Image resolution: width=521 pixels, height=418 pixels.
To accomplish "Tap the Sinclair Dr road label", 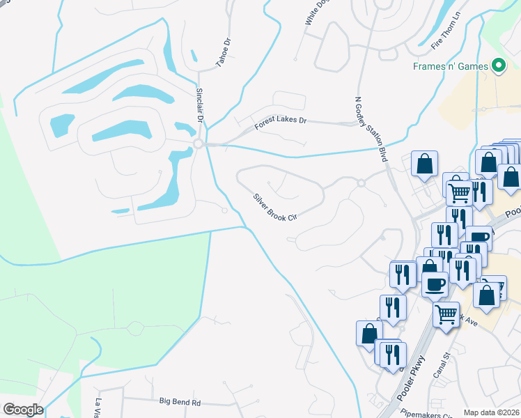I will click(199, 105).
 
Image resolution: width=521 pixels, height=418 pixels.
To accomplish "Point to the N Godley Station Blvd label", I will click(371, 130).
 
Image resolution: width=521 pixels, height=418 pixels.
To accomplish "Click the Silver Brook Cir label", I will click(275, 206).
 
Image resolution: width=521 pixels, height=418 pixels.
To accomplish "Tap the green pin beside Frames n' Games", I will click(499, 66).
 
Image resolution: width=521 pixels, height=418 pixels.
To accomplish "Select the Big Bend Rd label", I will click(180, 402).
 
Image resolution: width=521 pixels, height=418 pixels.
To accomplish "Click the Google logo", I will click(23, 410).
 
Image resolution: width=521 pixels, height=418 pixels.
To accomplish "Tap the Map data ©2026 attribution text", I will click(492, 412).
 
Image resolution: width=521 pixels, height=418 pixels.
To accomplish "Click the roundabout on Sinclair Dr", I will click(198, 144).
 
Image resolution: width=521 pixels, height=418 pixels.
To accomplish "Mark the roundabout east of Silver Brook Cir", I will click(361, 183).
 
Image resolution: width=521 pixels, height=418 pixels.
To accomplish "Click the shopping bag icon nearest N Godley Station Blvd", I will click(424, 164).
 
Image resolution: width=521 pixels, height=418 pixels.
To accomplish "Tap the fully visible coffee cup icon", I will click(436, 284).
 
